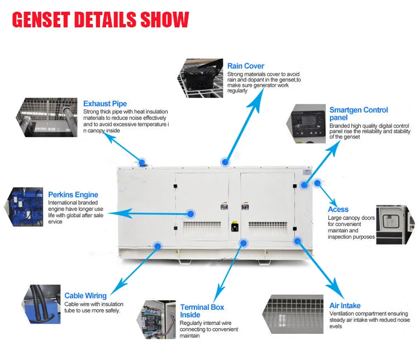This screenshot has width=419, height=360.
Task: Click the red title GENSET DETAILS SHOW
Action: (x=101, y=20)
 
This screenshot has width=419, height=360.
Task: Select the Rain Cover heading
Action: (x=246, y=66)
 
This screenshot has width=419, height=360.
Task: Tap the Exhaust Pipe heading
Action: (x=105, y=103)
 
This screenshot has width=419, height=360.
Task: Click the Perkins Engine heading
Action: (x=73, y=194)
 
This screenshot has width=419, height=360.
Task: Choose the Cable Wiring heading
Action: (x=85, y=295)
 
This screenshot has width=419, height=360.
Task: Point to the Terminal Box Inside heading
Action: (x=202, y=311)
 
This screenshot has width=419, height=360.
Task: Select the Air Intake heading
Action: (x=345, y=305)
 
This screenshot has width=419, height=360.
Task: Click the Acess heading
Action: (x=339, y=209)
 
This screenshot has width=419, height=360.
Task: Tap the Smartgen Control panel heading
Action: (x=358, y=114)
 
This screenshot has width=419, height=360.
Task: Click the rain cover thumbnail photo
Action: (x=201, y=78)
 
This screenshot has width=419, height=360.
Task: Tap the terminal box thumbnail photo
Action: (x=156, y=321)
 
